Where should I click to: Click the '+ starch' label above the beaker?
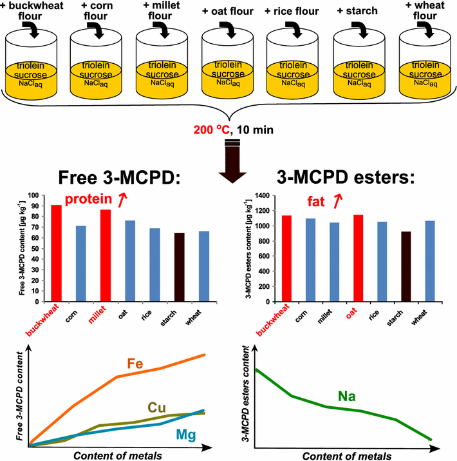pyautogui.click(x=356, y=11)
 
